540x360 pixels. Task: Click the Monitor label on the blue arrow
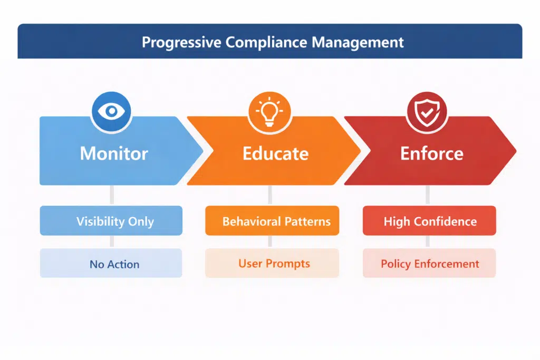click(x=114, y=153)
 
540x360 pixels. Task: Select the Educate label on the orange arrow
click(x=275, y=153)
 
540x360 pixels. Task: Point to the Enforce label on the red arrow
click(x=431, y=153)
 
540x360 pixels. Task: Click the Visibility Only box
click(x=111, y=221)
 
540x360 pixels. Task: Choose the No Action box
click(x=111, y=264)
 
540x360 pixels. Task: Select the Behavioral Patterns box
click(x=272, y=221)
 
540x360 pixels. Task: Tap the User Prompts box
click(x=272, y=264)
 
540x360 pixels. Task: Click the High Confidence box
click(x=429, y=221)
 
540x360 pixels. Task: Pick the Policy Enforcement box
click(x=429, y=264)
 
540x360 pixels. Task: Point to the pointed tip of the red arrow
click(x=514, y=151)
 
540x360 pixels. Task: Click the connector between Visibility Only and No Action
click(x=111, y=242)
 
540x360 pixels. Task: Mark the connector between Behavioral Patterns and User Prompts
click(x=270, y=242)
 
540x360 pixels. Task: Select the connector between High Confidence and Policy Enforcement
click(x=427, y=242)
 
